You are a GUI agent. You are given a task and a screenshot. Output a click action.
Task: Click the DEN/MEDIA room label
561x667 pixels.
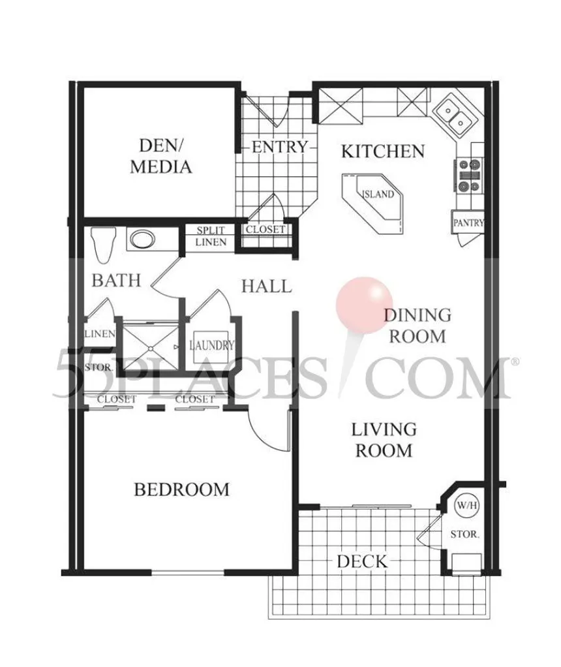160,156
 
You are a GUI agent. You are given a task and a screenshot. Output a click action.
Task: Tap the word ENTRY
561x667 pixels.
279,147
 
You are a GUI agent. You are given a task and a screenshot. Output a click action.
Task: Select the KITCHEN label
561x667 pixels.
383,151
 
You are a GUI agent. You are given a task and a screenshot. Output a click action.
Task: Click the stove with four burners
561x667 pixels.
470,175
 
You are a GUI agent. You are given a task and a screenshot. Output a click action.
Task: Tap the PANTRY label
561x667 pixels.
468,223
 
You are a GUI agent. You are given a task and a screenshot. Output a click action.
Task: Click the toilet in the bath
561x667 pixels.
103,245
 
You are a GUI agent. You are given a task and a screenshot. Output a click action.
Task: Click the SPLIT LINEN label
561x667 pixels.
211,236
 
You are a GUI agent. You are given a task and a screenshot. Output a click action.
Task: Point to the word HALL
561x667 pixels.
267,287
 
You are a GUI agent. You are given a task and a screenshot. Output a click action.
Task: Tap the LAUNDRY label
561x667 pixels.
212,345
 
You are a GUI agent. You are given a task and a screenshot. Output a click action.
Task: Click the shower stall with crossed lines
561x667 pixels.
151,348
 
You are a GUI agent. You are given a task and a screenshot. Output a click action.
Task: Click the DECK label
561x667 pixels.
363,561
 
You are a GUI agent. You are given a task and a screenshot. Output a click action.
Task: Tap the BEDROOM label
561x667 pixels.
181,489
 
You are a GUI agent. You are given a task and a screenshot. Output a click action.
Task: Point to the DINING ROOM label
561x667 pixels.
417,326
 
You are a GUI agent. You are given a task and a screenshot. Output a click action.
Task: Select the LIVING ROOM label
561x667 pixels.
384,440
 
